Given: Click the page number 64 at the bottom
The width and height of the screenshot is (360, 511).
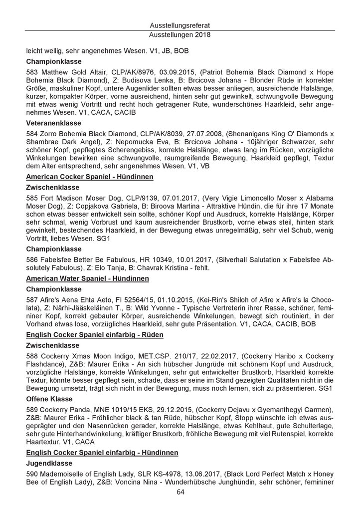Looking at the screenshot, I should (x=180, y=492).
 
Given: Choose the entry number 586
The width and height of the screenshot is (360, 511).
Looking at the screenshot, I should (x=31, y=260).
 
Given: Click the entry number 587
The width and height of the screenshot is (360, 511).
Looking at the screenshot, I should (x=31, y=300).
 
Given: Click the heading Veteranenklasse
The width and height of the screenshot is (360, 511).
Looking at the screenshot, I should (x=53, y=124).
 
